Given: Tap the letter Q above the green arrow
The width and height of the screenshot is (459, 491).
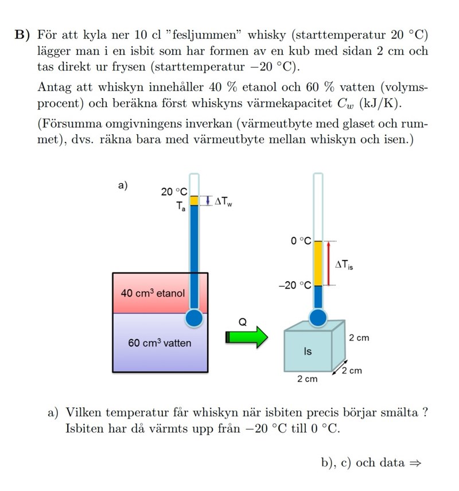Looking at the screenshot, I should click(x=242, y=322).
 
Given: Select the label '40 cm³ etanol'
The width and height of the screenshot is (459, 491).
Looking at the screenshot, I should click(x=153, y=293).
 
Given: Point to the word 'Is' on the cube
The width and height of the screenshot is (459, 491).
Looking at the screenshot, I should click(x=308, y=351).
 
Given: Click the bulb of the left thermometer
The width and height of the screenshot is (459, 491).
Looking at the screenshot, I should click(x=195, y=318).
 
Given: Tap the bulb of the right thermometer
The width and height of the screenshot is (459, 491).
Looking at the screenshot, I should click(x=317, y=317).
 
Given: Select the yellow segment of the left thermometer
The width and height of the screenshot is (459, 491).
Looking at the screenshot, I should click(x=194, y=201).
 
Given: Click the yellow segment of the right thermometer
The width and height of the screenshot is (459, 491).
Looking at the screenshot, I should click(x=317, y=263).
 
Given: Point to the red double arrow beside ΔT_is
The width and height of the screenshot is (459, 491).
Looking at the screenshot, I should click(x=329, y=263).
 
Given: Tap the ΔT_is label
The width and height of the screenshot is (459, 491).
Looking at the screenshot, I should click(x=344, y=264).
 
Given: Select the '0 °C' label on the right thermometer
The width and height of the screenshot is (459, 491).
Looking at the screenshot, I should click(x=300, y=241).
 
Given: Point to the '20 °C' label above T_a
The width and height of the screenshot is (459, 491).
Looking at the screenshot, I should click(x=174, y=192).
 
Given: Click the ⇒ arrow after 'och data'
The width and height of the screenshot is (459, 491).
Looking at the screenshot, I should click(x=415, y=463).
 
